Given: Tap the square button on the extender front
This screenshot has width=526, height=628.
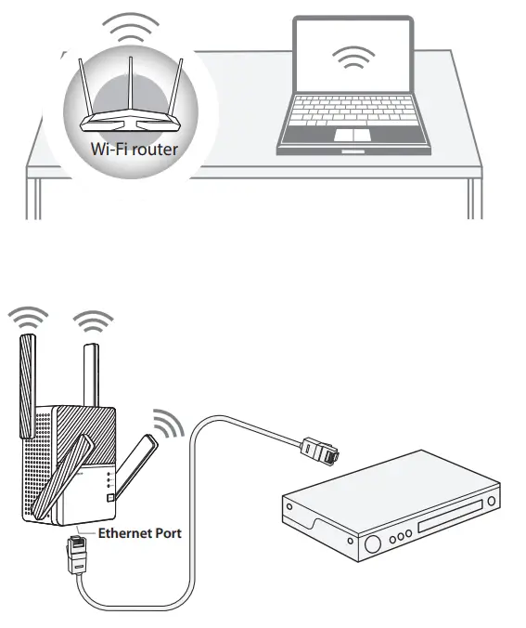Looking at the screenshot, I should pyautogui.click(x=111, y=499).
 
